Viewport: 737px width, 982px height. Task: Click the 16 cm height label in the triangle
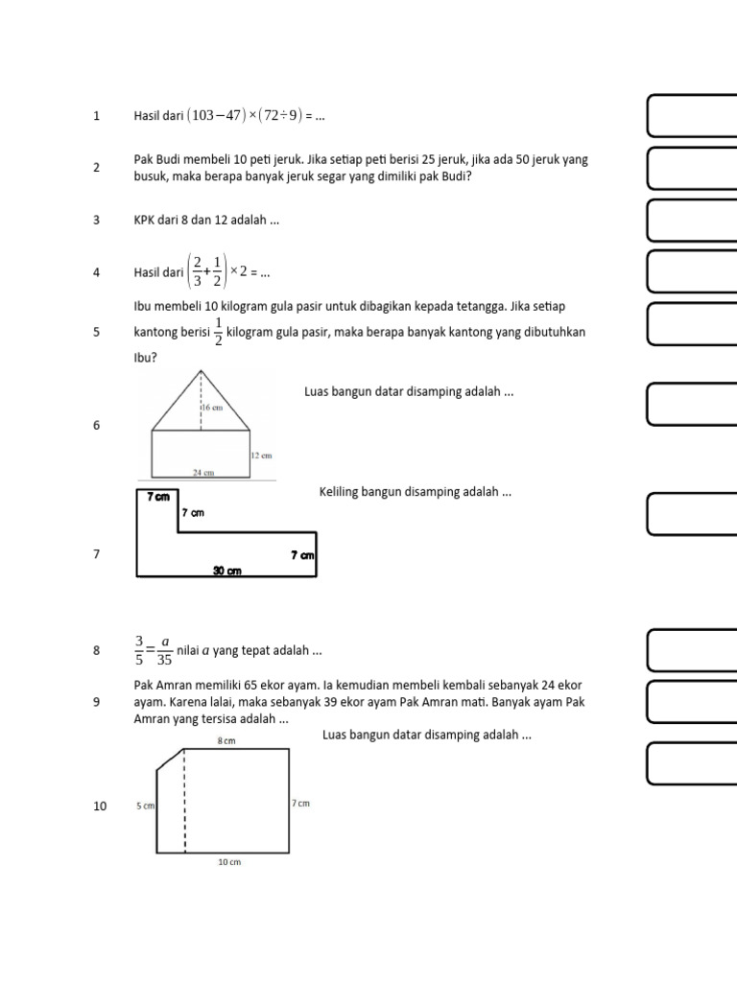click(213, 408)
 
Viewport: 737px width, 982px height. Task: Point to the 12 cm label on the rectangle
click(262, 456)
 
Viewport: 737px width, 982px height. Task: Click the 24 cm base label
click(202, 473)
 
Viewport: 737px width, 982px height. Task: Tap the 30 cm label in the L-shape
click(226, 571)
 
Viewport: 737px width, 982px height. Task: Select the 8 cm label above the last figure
click(226, 741)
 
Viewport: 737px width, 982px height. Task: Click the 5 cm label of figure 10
click(145, 807)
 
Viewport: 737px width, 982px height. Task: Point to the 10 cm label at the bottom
click(229, 862)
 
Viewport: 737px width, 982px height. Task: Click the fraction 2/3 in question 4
click(197, 272)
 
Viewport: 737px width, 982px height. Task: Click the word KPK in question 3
click(144, 220)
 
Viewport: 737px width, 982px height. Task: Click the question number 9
click(97, 702)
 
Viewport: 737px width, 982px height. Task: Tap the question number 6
click(97, 425)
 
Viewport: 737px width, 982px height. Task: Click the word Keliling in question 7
click(340, 492)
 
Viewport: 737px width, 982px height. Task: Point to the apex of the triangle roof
click(201, 371)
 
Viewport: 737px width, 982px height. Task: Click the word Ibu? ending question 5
click(145, 358)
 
